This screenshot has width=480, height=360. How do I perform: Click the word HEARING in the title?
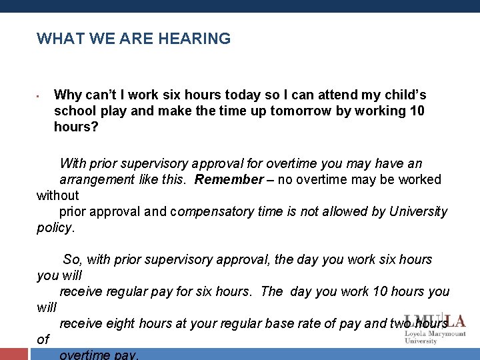click(195, 39)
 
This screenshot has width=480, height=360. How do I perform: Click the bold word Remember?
click(229, 179)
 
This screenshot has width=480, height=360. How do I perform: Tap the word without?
click(57, 195)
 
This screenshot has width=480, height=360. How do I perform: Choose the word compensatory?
click(210, 211)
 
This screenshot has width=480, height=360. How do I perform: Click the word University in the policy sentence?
click(417, 211)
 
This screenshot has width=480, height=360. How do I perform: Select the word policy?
click(55, 227)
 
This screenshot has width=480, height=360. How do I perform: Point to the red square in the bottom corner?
click(13, 354)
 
